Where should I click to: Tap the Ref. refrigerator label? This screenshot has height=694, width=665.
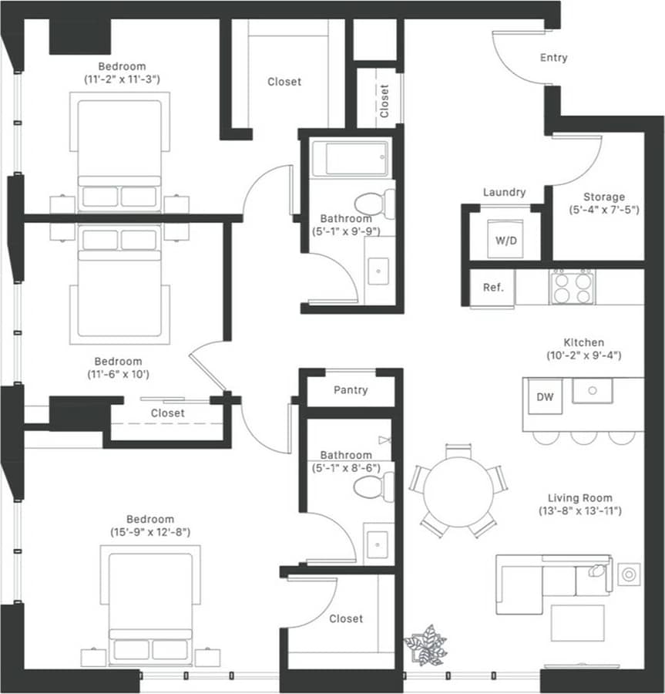pos(493,288)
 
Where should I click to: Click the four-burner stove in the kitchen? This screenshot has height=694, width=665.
pos(572,287)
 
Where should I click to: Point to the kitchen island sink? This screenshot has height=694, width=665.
pos(593,390)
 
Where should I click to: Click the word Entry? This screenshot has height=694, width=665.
pos(553,58)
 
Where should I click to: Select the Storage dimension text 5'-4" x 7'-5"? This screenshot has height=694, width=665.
pos(604,210)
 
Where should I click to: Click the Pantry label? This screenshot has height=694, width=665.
pos(351,390)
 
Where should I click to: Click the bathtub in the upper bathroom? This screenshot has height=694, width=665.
pos(351,158)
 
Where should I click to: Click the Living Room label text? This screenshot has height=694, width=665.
pos(579,497)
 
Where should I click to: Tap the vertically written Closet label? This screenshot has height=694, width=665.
pos(384,100)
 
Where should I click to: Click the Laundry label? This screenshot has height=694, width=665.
pos(504,192)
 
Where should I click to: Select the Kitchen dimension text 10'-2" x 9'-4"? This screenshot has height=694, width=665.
pos(583,355)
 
